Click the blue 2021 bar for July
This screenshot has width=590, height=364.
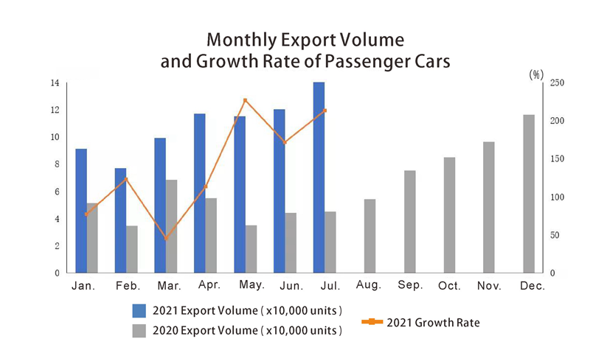[x=319, y=177]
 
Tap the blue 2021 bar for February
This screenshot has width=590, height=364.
[x=121, y=220]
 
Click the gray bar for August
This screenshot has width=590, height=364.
[x=370, y=236]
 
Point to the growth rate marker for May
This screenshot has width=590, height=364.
[x=246, y=100]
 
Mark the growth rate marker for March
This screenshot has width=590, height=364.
[x=166, y=239]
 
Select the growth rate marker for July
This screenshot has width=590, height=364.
[x=324, y=111]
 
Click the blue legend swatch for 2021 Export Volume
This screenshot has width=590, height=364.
[x=139, y=309]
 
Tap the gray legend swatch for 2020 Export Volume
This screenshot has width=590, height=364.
[x=139, y=331]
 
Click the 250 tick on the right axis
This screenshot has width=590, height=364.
[x=558, y=83]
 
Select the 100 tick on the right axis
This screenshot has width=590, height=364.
[x=558, y=197]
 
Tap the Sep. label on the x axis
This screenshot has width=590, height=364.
[x=410, y=286]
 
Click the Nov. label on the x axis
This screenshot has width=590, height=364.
[x=490, y=286]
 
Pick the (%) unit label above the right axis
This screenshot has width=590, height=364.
[x=536, y=74]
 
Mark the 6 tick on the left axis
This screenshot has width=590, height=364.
[x=56, y=192]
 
